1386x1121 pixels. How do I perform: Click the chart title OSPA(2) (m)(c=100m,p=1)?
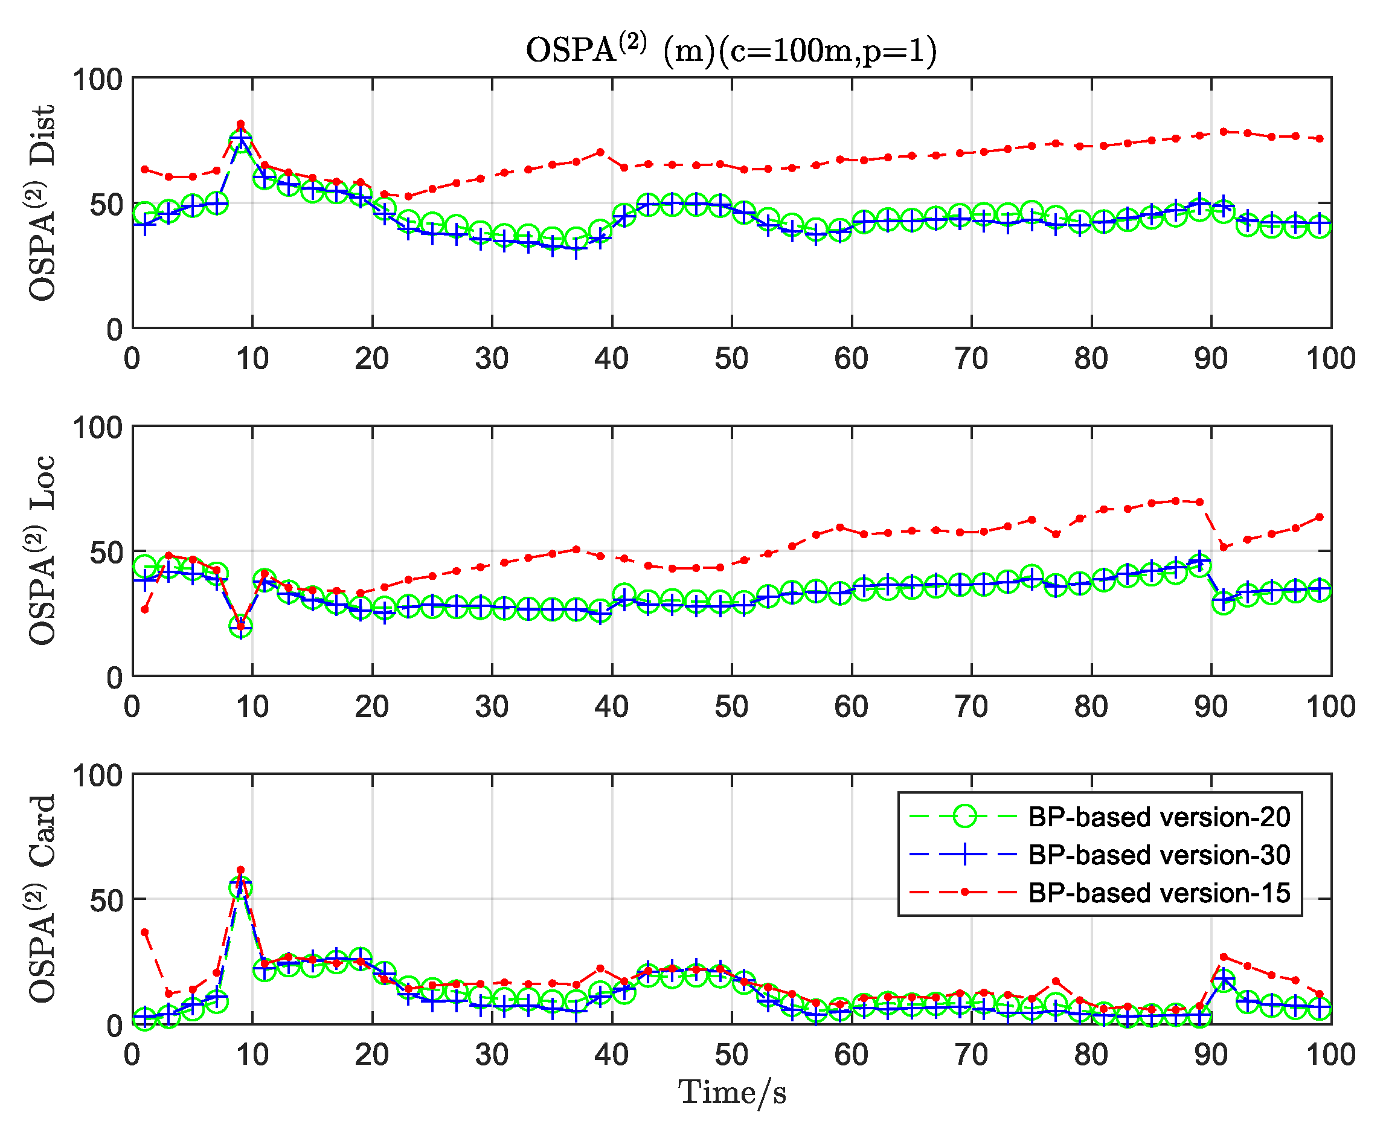click(x=731, y=50)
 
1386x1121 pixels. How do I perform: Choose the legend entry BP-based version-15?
click(x=1159, y=893)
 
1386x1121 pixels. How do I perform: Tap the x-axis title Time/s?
click(x=732, y=1093)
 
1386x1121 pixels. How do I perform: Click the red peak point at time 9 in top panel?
click(x=241, y=124)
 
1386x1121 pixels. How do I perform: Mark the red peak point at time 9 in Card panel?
click(x=241, y=870)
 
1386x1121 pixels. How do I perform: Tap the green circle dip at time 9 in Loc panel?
click(x=241, y=625)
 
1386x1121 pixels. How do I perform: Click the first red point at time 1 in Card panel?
click(x=144, y=933)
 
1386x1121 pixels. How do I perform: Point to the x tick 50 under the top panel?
click(x=731, y=358)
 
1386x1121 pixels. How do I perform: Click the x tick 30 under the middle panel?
click(x=492, y=707)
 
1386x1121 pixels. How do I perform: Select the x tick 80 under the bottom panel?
click(x=1091, y=1055)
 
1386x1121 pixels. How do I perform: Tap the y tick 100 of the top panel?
click(x=97, y=80)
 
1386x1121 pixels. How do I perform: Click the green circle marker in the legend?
click(x=965, y=817)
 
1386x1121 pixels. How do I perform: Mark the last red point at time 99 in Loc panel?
click(x=1320, y=517)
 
